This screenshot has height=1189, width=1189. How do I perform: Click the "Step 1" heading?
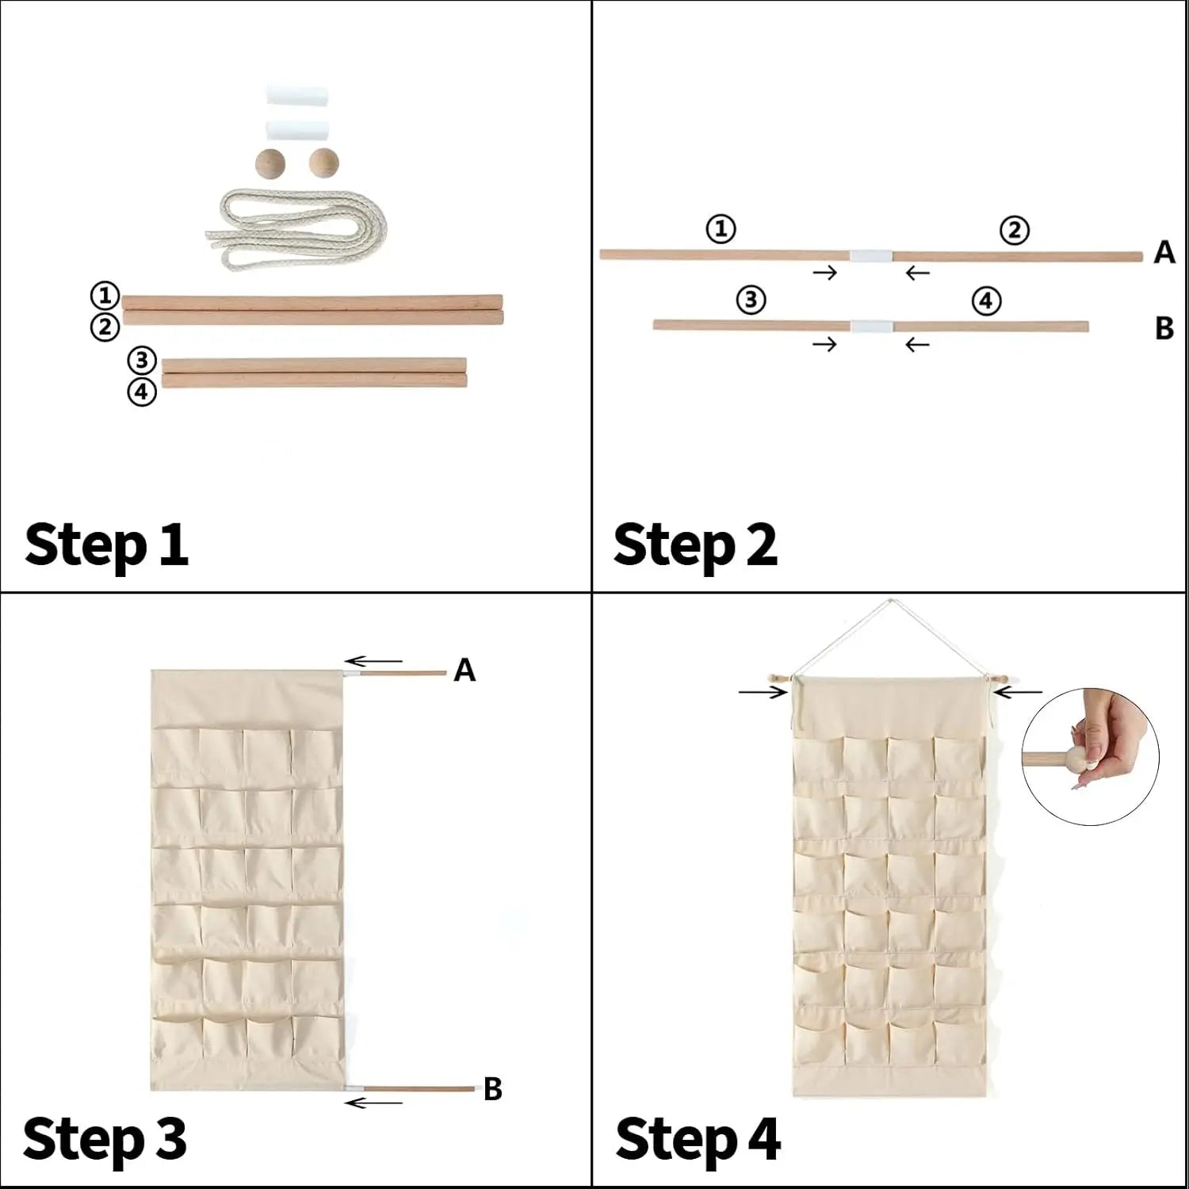click(106, 546)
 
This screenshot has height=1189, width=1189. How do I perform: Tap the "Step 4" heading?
click(698, 1140)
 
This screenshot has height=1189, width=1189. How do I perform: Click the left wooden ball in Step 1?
click(271, 164)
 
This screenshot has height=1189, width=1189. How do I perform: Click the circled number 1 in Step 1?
click(105, 296)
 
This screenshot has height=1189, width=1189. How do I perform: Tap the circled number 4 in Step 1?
click(142, 392)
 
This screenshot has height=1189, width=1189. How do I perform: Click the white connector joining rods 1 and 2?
click(871, 256)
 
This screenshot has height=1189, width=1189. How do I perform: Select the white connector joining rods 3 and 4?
click(871, 327)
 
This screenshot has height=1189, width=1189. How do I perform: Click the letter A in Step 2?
click(1164, 252)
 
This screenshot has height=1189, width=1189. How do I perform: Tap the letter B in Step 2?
click(1164, 327)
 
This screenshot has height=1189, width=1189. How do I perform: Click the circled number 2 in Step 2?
click(1015, 231)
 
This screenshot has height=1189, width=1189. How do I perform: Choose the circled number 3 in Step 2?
click(751, 300)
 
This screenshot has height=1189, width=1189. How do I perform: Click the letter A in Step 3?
click(465, 671)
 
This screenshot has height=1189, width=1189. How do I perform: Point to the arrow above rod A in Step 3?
click(373, 661)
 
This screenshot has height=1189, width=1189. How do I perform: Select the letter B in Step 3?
click(493, 1089)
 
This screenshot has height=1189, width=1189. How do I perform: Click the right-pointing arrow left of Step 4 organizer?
click(763, 692)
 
